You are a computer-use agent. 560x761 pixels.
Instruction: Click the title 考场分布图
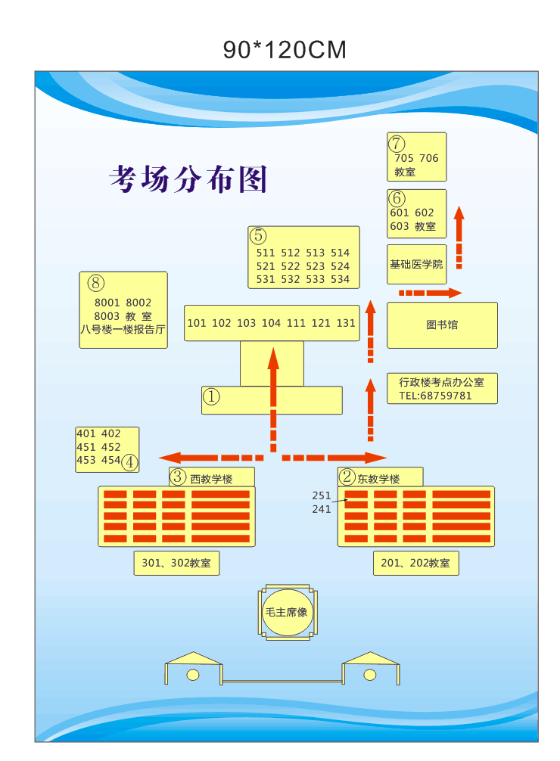click(x=188, y=179)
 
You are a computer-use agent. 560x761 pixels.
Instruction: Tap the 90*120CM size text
click(x=285, y=50)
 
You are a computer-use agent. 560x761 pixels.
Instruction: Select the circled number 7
click(x=397, y=143)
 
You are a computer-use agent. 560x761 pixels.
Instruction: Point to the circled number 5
click(x=259, y=235)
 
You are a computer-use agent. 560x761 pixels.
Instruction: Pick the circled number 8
click(x=95, y=283)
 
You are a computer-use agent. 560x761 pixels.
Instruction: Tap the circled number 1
click(x=211, y=396)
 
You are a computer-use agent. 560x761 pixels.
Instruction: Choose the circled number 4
click(x=130, y=461)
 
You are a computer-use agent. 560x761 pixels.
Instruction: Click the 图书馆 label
click(x=442, y=325)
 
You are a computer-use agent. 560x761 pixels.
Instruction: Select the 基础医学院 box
click(x=416, y=264)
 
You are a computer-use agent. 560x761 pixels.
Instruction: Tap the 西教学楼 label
click(x=211, y=479)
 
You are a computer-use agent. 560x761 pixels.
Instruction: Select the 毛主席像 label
click(x=286, y=612)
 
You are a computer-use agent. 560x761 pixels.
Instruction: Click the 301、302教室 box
click(x=176, y=563)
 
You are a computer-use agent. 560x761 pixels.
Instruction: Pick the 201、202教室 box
click(x=415, y=563)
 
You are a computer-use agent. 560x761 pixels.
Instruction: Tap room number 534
click(x=341, y=279)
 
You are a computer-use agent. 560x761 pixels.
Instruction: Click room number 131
click(x=346, y=323)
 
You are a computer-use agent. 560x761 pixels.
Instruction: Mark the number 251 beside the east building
click(x=322, y=495)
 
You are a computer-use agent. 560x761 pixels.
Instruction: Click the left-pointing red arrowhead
click(x=169, y=457)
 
